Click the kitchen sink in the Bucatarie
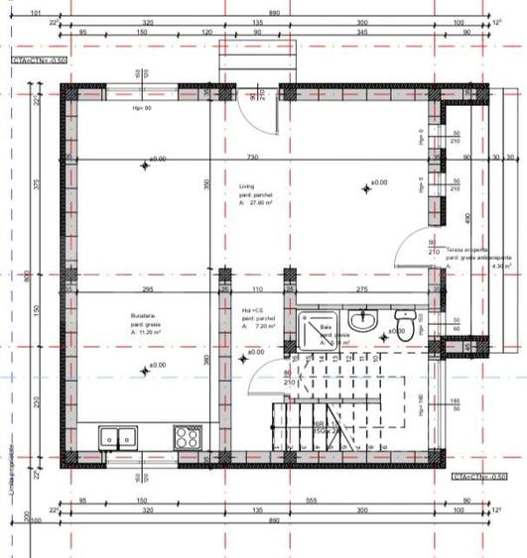119,437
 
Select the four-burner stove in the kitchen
188,436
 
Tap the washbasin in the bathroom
362,320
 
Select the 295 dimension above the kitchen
147,288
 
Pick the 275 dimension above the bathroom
362,288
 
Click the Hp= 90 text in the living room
141,107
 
